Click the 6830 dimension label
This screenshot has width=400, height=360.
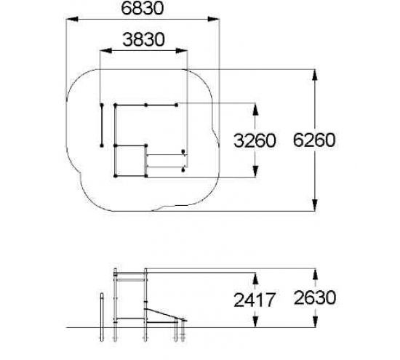click(x=143, y=8)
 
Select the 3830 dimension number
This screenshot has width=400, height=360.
click(x=143, y=40)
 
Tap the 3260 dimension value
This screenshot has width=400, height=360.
click(x=255, y=140)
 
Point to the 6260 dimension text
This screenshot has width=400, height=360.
click(x=314, y=140)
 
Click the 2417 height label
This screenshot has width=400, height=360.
click(x=255, y=300)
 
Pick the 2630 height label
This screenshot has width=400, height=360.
click(x=315, y=297)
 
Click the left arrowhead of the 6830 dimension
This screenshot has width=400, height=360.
click(x=72, y=19)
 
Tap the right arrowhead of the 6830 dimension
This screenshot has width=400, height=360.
click(x=214, y=19)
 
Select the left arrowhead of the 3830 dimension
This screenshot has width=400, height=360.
click(x=106, y=51)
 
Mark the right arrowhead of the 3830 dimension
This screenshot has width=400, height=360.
click(x=182, y=51)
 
